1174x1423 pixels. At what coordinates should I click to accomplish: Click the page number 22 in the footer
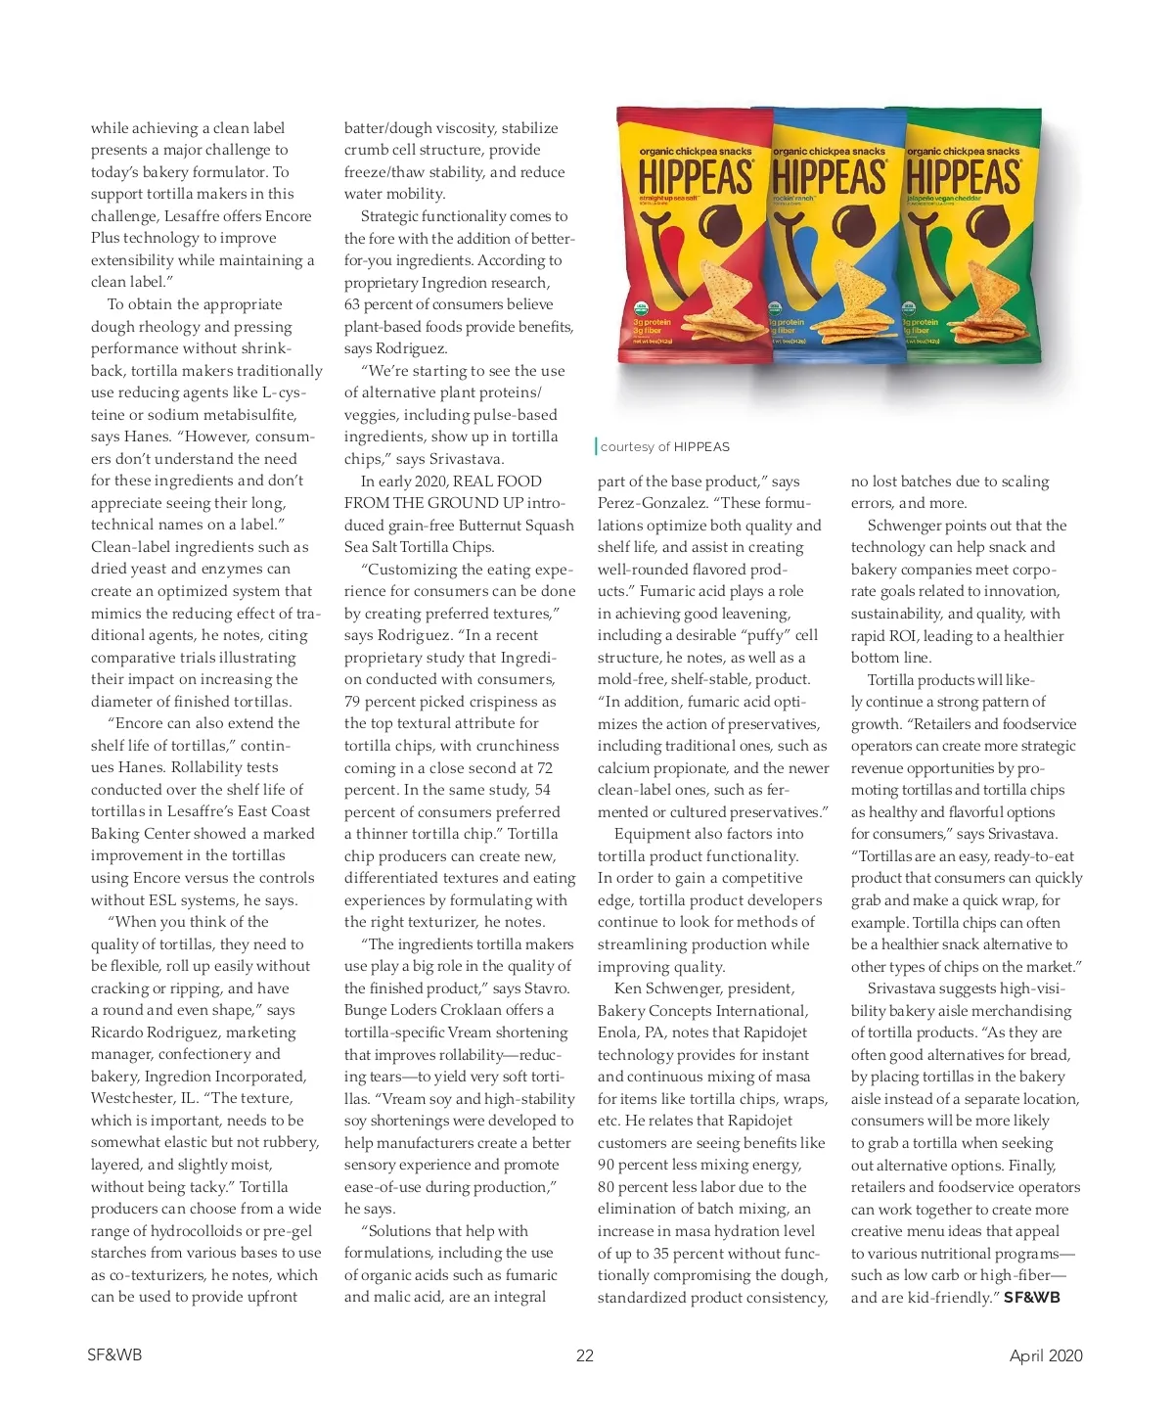coord(585,1355)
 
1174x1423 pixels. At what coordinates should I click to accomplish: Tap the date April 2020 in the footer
coord(1046,1355)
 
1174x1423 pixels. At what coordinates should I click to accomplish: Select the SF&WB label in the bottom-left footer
coord(114,1354)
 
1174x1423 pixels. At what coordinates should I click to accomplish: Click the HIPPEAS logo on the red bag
coord(696,178)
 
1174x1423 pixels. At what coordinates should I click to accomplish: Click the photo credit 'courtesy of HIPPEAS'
coord(664,447)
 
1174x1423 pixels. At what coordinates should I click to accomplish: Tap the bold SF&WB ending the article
coord(1031,1298)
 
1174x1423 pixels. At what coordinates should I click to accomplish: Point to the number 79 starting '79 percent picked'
coord(352,702)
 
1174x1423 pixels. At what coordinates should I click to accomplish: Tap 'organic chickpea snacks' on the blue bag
coord(829,152)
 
